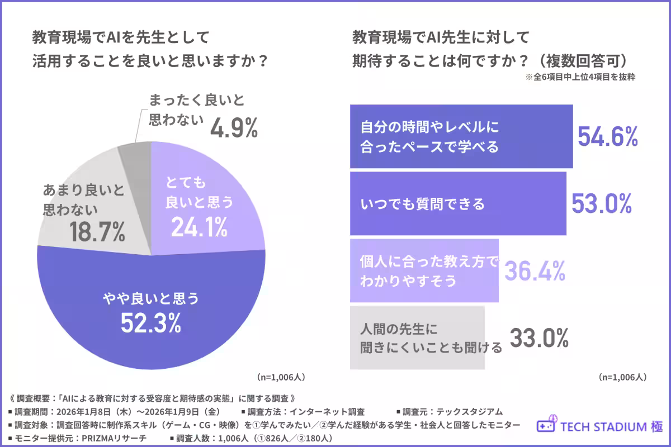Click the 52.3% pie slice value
150,322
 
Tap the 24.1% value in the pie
199,226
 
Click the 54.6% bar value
607,136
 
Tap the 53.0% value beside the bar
601,203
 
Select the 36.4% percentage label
535,271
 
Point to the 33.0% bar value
539,337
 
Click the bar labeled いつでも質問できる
457,204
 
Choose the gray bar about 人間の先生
417,337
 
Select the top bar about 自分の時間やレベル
461,136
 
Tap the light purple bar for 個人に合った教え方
423,271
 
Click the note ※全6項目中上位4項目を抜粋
580,78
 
